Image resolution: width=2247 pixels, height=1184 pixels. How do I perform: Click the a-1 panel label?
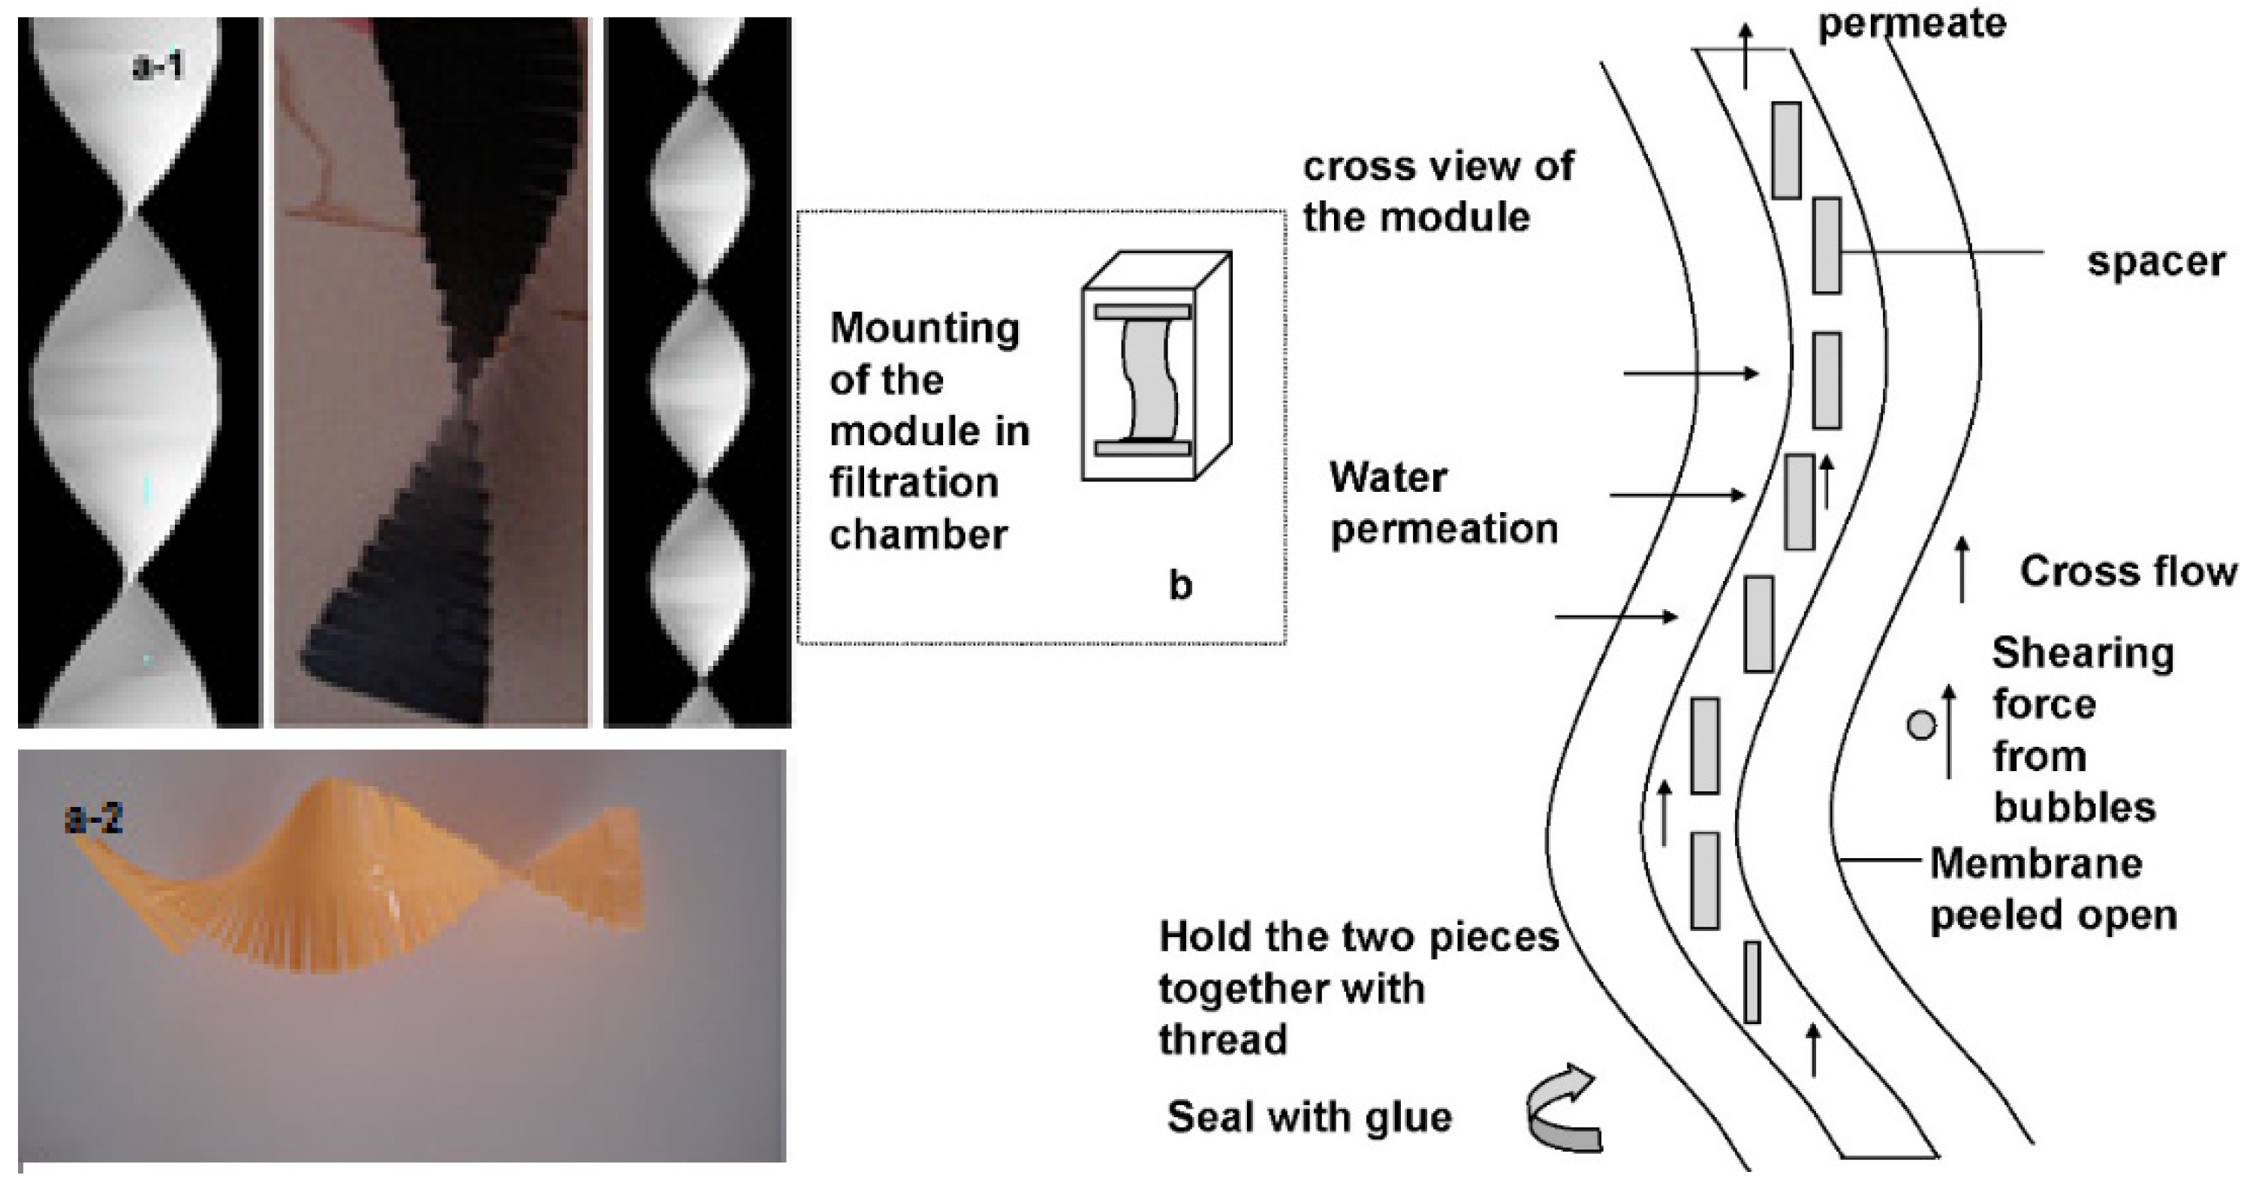(x=158, y=66)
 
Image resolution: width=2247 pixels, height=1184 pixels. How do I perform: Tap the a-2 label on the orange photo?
(x=94, y=818)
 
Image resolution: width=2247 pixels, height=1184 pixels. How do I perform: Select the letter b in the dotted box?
(x=1179, y=586)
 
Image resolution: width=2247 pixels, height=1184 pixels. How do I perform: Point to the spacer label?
(x=2155, y=262)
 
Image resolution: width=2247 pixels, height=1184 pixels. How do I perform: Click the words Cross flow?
(x=2128, y=571)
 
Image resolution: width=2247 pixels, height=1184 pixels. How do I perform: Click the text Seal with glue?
(x=1309, y=1117)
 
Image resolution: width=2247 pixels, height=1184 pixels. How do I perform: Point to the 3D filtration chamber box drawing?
(x=1155, y=366)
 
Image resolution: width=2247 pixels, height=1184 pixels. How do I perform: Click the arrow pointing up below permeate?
(x=1745, y=57)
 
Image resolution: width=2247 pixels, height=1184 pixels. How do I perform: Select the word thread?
(x=1223, y=1040)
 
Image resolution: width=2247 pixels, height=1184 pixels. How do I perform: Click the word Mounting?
(x=925, y=329)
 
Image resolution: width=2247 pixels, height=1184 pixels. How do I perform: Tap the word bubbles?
(x=2074, y=807)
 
